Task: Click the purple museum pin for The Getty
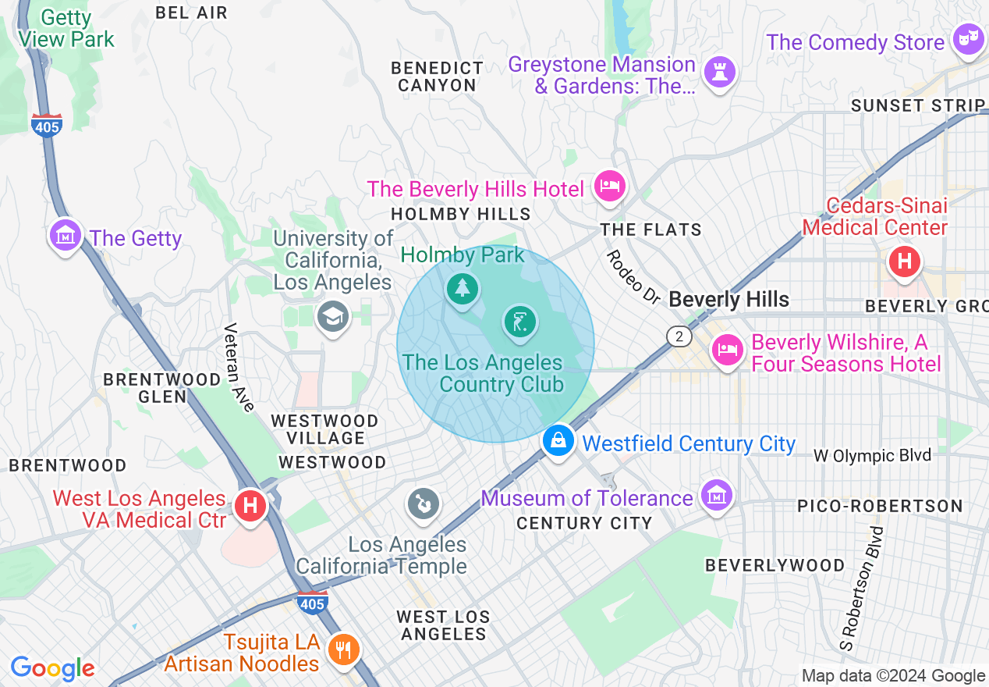pyautogui.click(x=66, y=235)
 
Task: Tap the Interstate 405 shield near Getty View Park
pyautogui.click(x=47, y=125)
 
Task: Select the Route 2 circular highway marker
pyautogui.click(x=679, y=336)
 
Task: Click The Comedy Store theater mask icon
pyautogui.click(x=968, y=39)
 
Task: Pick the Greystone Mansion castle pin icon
pyautogui.click(x=719, y=73)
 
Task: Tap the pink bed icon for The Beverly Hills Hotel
pyautogui.click(x=609, y=187)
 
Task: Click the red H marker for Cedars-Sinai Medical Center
pyautogui.click(x=904, y=261)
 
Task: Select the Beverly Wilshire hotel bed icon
pyautogui.click(x=727, y=350)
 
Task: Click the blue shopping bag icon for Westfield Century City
pyautogui.click(x=558, y=440)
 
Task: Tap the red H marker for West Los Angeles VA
pyautogui.click(x=250, y=506)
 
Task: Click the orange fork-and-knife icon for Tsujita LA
pyautogui.click(x=342, y=649)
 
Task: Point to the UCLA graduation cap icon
pyautogui.click(x=332, y=316)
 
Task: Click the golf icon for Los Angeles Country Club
pyautogui.click(x=519, y=321)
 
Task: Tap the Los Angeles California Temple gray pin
pyautogui.click(x=424, y=503)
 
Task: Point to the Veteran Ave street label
pyautogui.click(x=239, y=367)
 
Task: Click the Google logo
pyautogui.click(x=53, y=668)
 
